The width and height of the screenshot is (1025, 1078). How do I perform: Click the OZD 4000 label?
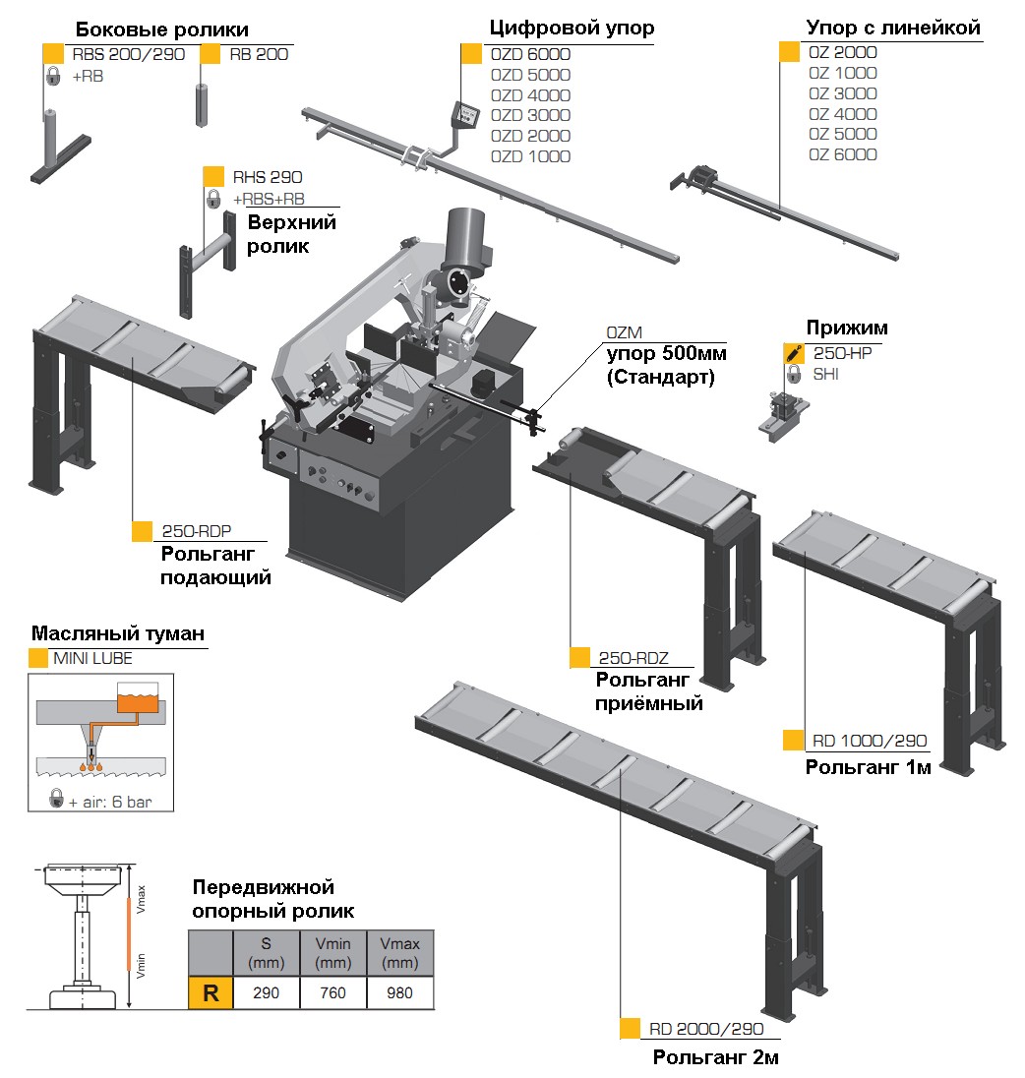tap(530, 94)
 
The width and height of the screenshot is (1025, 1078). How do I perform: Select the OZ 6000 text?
tap(842, 154)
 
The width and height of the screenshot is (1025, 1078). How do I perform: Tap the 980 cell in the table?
tap(399, 992)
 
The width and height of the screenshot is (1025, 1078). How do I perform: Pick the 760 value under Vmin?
tap(332, 992)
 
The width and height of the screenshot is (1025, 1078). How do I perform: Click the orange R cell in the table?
tap(211, 992)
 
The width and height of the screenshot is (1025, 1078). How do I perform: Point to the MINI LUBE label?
tap(92, 658)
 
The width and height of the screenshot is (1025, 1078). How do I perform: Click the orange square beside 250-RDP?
tap(142, 531)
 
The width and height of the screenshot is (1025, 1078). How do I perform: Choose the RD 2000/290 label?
tap(706, 1029)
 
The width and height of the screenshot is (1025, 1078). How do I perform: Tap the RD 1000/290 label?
tap(870, 741)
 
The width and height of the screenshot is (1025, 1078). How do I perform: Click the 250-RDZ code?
tap(633, 658)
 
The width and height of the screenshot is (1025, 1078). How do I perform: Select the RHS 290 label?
tap(268, 177)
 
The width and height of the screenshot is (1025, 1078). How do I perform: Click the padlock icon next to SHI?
tap(794, 374)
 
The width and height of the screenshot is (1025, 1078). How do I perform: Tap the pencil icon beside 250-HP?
tap(794, 353)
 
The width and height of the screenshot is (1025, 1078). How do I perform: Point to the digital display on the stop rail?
tap(464, 115)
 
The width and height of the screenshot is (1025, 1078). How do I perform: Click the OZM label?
tap(625, 332)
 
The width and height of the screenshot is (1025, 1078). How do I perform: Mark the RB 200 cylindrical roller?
tap(202, 105)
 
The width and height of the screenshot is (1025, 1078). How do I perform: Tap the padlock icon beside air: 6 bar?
tap(56, 799)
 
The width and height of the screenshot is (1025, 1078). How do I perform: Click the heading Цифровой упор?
tap(572, 28)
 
